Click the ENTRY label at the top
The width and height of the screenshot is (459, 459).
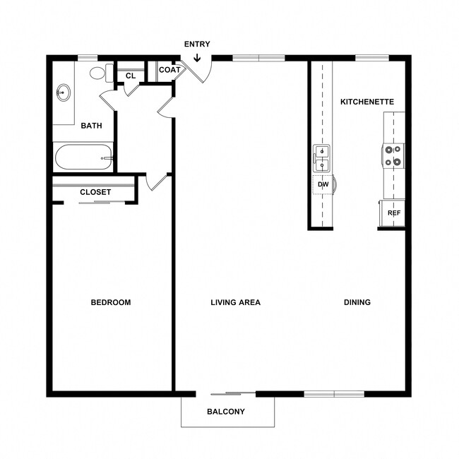click(x=197, y=44)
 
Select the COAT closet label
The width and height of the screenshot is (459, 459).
click(x=169, y=70)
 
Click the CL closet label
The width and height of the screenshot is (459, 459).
click(x=131, y=76)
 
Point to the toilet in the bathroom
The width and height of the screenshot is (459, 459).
click(x=99, y=72)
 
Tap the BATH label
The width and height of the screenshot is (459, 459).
click(x=91, y=126)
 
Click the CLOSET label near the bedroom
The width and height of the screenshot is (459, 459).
click(x=95, y=192)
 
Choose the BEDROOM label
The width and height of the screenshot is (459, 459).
click(x=111, y=302)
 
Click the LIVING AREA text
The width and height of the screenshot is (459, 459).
click(x=235, y=302)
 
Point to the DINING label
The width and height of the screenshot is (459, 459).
click(x=357, y=302)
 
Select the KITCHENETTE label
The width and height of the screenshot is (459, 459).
click(x=366, y=102)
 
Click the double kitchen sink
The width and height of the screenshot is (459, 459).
click(x=322, y=159)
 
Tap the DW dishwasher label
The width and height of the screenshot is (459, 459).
click(x=323, y=185)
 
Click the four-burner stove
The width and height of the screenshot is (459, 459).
click(x=393, y=155)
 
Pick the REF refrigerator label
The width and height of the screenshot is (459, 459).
click(x=393, y=213)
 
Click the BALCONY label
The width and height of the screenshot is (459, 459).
click(x=226, y=412)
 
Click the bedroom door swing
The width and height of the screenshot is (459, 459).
click(x=157, y=182)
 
